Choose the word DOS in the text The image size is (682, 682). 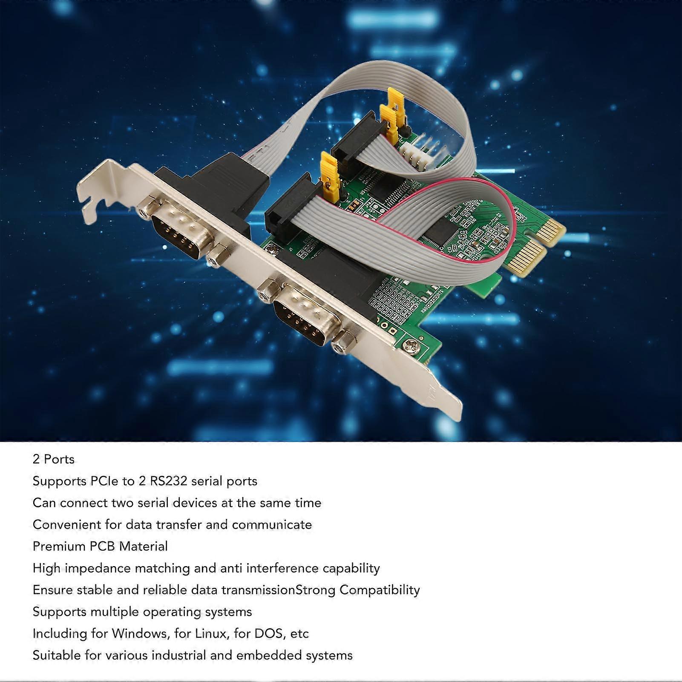pos(268,634)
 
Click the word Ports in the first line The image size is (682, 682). pos(59,459)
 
